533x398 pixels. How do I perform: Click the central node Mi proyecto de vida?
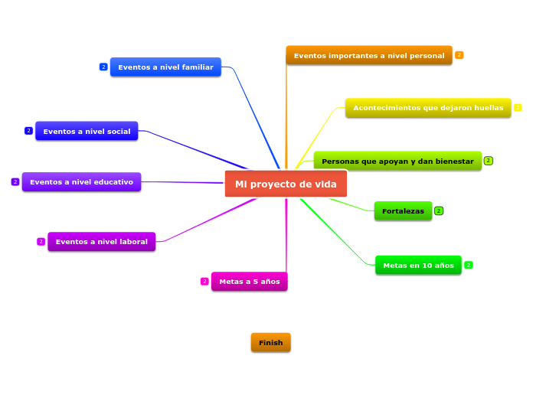(286, 184)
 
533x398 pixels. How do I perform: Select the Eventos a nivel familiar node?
(165, 67)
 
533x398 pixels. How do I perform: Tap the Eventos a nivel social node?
(87, 131)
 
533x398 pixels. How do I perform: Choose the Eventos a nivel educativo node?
(81, 182)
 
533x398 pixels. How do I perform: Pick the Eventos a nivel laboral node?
(101, 242)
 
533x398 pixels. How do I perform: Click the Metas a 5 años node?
(249, 282)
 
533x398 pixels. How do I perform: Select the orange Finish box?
(270, 342)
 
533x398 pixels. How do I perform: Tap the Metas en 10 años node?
(418, 266)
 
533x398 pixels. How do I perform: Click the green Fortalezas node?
(403, 210)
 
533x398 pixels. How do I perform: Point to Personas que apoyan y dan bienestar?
(397, 161)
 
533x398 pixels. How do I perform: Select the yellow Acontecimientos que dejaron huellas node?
(428, 108)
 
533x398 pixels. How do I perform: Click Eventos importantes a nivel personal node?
(369, 55)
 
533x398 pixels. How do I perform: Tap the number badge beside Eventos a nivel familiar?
(103, 67)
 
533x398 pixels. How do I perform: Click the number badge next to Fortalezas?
(439, 210)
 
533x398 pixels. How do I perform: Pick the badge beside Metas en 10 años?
(469, 265)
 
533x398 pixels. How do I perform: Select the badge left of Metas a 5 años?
(204, 282)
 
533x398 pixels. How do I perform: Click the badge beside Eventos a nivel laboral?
(41, 242)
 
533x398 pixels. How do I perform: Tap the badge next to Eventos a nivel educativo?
(15, 182)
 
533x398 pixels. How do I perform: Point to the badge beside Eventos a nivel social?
(28, 131)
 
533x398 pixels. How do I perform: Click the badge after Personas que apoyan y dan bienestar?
(488, 161)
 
